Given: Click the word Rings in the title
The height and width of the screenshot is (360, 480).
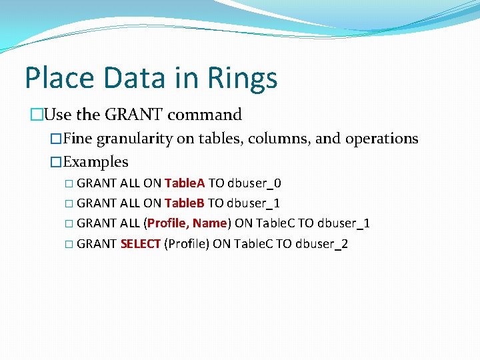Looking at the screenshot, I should click(x=243, y=78).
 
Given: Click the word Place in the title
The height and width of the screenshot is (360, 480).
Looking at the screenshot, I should click(x=58, y=78).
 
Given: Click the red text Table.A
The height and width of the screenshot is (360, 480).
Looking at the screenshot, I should click(x=185, y=183).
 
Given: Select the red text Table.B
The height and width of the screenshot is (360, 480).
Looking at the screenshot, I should click(x=185, y=203).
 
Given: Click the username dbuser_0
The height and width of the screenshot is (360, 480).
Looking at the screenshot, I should click(x=259, y=183).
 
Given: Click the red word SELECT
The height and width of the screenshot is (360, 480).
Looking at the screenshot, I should click(x=141, y=244).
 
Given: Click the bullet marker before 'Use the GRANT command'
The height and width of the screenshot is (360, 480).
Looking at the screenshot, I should click(x=36, y=115).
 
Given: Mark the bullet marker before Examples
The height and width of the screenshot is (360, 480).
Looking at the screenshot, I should click(x=57, y=162).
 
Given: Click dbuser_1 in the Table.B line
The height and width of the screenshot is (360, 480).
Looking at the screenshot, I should click(x=254, y=203).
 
